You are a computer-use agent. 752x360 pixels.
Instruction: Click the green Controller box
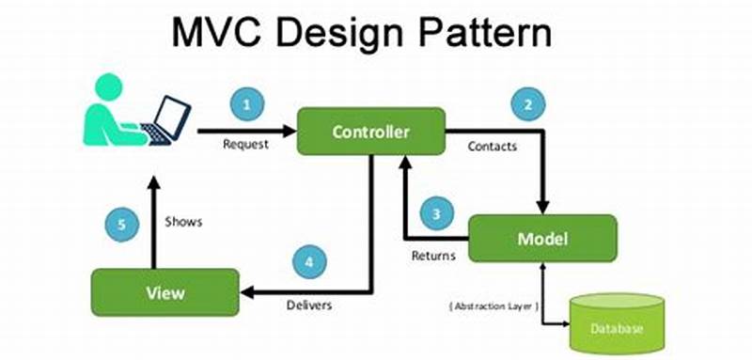point(370,132)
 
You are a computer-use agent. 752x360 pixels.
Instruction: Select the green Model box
point(542,238)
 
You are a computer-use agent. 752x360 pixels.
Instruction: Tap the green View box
point(164,292)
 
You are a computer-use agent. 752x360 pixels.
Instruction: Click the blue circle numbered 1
point(246,105)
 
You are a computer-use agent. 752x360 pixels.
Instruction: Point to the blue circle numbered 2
point(528,105)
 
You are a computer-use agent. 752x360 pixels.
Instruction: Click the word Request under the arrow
point(245,145)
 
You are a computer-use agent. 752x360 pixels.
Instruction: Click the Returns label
point(433,255)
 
